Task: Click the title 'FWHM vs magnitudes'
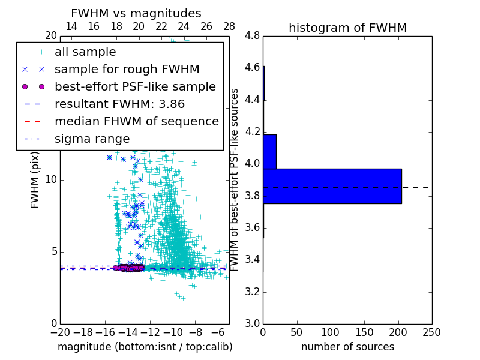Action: (x=136, y=13)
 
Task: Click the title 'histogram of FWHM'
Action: (x=347, y=28)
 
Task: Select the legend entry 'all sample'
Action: (x=85, y=52)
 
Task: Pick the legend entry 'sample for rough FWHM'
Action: (x=127, y=70)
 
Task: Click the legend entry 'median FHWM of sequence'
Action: (x=136, y=122)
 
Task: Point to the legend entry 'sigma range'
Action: (x=92, y=139)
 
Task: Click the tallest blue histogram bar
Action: (x=332, y=186)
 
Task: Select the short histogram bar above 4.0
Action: (x=269, y=152)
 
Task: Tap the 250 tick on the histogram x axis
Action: (x=431, y=332)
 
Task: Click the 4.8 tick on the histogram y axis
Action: (x=252, y=36)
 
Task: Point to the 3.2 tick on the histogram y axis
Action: (x=252, y=292)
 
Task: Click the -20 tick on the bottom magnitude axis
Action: (x=60, y=332)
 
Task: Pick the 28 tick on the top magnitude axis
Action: (x=229, y=26)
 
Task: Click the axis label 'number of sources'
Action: (x=347, y=347)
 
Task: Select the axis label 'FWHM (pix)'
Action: (x=35, y=180)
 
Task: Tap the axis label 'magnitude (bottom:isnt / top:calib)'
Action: (x=145, y=347)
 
